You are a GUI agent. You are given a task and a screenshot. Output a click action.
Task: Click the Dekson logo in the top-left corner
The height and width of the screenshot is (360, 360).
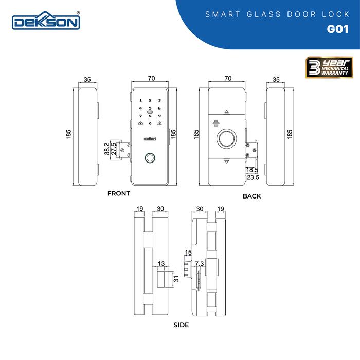pos(46,21)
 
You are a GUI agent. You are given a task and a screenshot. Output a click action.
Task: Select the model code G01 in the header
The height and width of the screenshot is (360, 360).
pos(337,29)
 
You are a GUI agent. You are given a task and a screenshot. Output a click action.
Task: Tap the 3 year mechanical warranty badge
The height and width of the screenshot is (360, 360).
pos(329,67)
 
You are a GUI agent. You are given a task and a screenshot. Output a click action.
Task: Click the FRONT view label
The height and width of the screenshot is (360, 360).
pos(119,193)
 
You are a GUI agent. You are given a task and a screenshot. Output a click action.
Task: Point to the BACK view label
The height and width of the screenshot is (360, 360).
pos(251,196)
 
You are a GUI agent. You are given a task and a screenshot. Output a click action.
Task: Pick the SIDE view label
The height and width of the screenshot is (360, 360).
pos(181,325)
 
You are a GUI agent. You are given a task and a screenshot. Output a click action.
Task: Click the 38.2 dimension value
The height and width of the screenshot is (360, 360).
pos(107,149)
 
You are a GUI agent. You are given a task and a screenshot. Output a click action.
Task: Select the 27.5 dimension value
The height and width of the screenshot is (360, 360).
pos(114,149)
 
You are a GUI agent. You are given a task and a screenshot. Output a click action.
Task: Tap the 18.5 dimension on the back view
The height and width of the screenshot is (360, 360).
pos(252,170)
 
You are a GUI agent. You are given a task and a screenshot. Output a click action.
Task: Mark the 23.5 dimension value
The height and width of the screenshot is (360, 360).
pos(253,177)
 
